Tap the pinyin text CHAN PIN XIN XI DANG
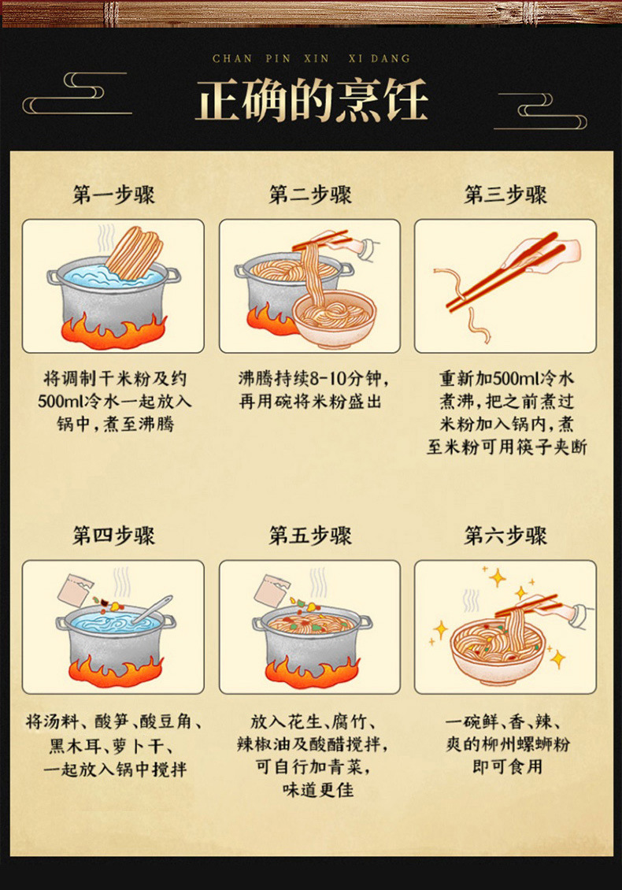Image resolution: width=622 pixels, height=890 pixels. pyautogui.click(x=311, y=58)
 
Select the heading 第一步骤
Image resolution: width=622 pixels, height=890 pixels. pyautogui.click(x=113, y=195)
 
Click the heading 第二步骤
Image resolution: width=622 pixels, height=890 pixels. pyautogui.click(x=310, y=195)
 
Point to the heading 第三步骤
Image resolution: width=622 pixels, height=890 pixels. pyautogui.click(x=505, y=195)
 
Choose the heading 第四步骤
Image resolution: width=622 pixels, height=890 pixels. pyautogui.click(x=113, y=536)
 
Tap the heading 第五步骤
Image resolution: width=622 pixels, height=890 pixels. pyautogui.click(x=310, y=536)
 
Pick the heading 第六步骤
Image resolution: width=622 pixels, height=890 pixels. pyautogui.click(x=505, y=536)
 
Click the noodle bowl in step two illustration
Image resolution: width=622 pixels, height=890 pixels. pyautogui.click(x=335, y=319)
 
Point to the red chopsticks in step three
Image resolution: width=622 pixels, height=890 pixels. pyautogui.click(x=504, y=272)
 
